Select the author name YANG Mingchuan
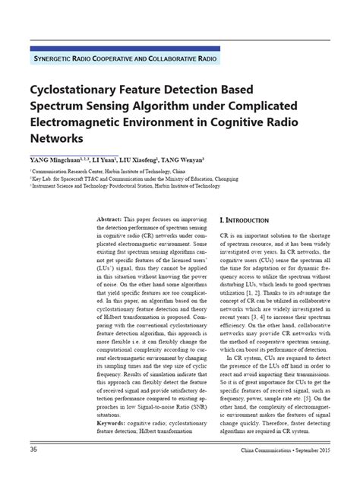coord(57,162)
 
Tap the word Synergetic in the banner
coord(55,58)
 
